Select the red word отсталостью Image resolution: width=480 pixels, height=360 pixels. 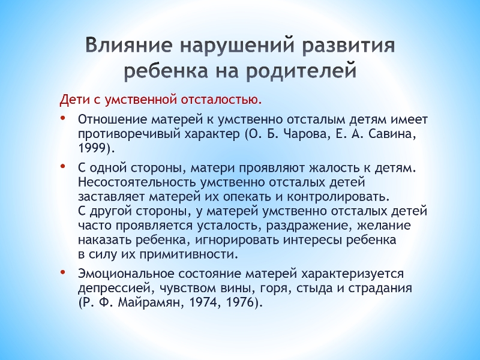[x=221, y=100]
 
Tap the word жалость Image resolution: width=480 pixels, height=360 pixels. [x=335, y=168]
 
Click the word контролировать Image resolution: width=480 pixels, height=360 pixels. [x=338, y=197]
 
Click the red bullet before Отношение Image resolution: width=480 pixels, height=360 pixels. [x=63, y=118]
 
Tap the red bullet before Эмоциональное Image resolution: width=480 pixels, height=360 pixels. [x=63, y=272]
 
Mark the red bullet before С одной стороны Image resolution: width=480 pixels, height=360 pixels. [x=63, y=166]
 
